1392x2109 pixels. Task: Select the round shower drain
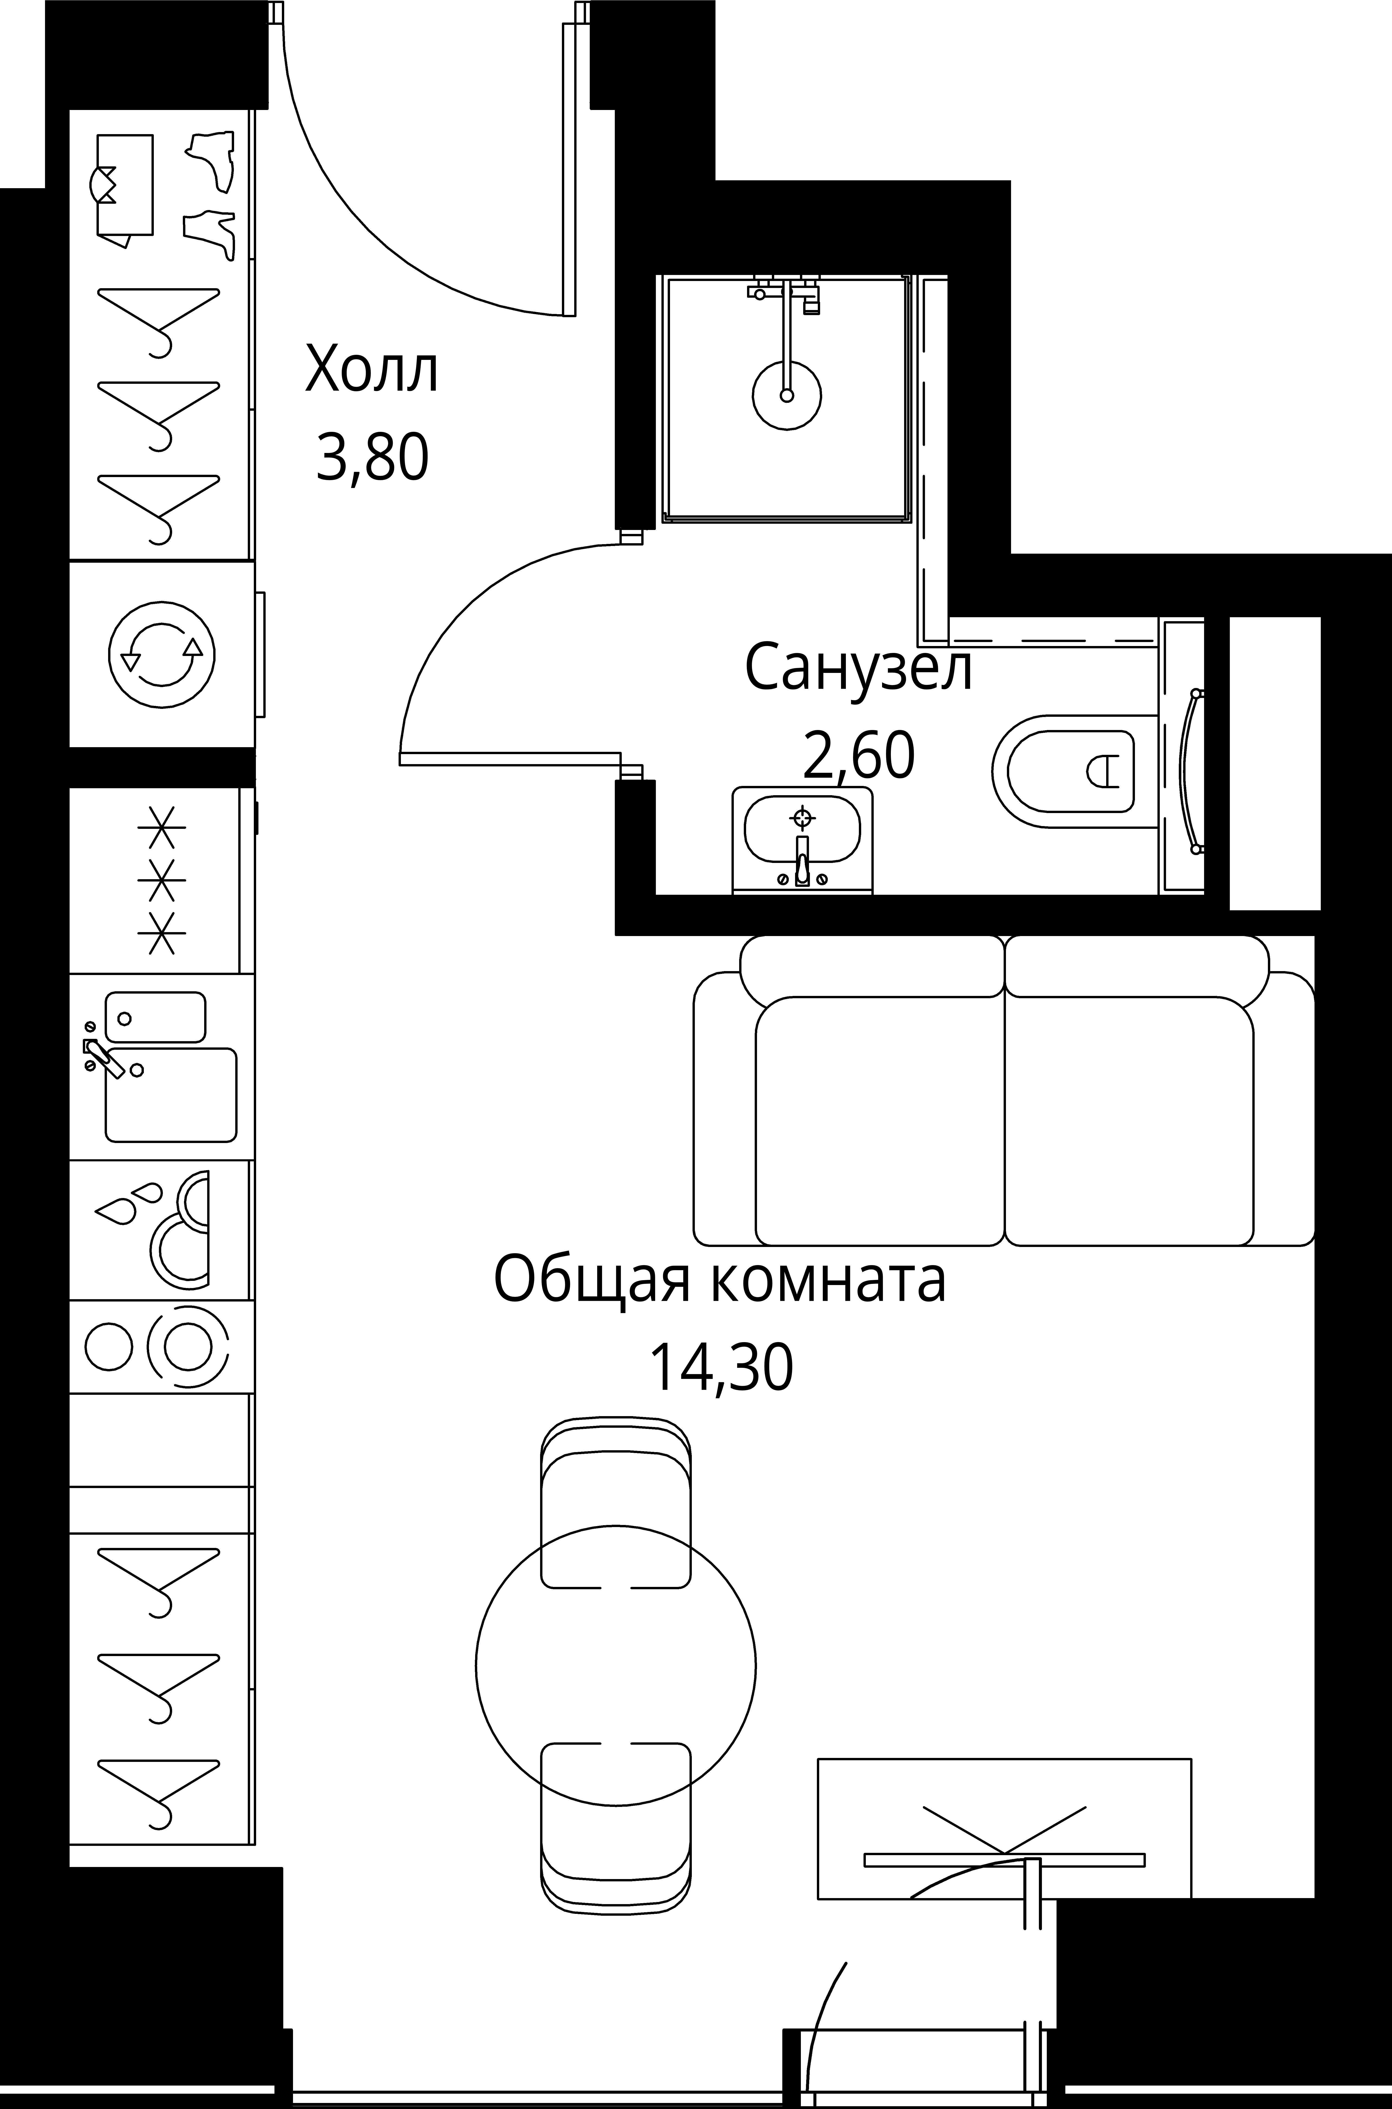786,395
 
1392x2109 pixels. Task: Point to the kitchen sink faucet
102,1056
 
